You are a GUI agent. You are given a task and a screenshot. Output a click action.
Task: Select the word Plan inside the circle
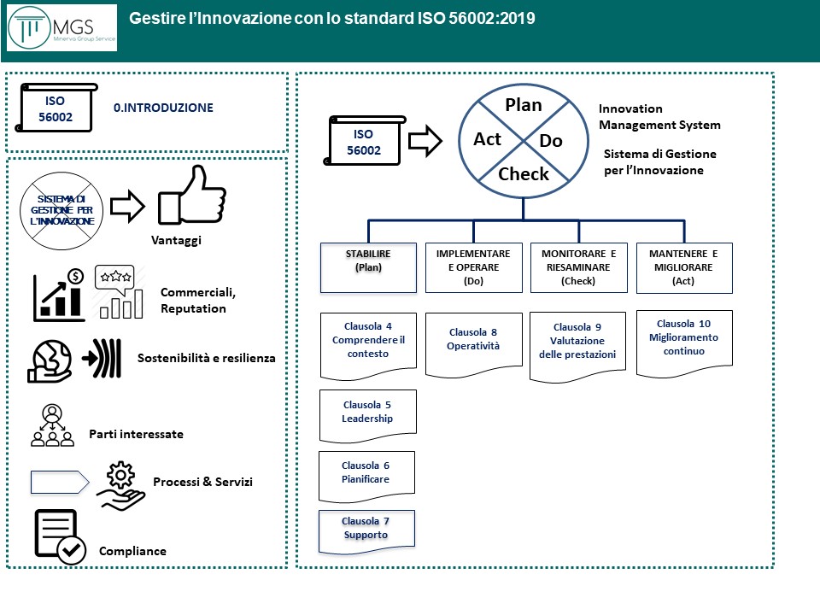[x=524, y=105]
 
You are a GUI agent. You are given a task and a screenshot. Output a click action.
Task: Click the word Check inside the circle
[x=524, y=174]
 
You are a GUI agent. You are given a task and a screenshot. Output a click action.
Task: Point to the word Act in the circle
[x=488, y=139]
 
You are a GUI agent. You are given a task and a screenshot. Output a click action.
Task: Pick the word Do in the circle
[x=552, y=141]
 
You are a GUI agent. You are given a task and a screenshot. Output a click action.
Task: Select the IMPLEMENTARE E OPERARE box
[x=473, y=267]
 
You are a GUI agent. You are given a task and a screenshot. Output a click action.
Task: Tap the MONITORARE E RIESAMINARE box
[x=578, y=267]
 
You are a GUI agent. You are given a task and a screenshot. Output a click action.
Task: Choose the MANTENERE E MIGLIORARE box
[x=683, y=267]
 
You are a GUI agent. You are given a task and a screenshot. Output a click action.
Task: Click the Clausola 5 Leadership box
[x=367, y=412]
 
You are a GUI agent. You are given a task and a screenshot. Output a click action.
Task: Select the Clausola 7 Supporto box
[x=366, y=528]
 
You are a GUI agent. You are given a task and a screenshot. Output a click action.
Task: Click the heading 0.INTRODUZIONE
[x=163, y=108]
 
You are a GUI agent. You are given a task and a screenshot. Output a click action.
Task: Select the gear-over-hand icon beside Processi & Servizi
[x=120, y=482]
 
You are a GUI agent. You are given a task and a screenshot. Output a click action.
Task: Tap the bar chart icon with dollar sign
[x=59, y=296]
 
